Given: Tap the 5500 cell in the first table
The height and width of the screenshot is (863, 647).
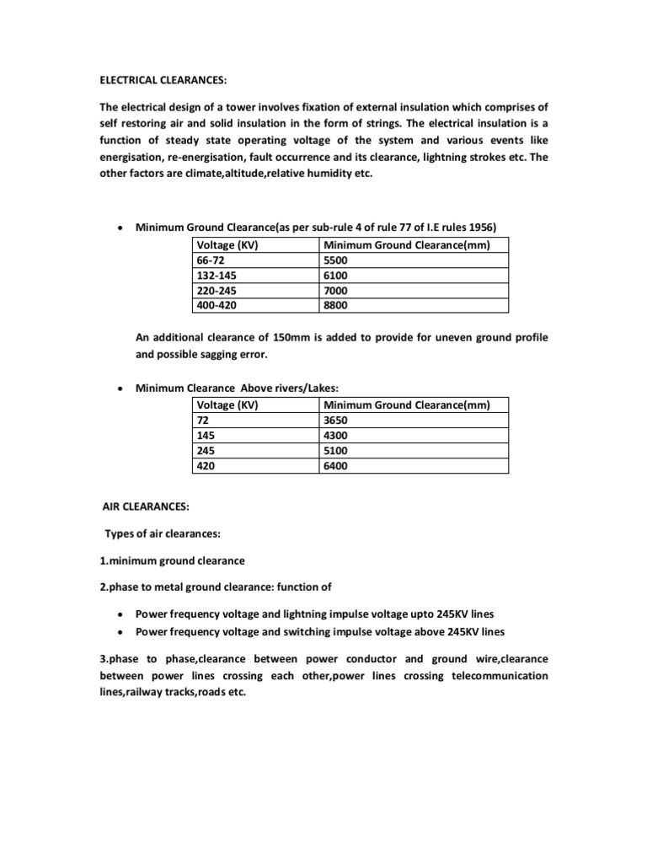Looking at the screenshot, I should point(335,260).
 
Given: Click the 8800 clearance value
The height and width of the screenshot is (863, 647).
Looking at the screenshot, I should point(335,306).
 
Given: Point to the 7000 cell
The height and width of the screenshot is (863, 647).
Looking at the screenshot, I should point(335,291).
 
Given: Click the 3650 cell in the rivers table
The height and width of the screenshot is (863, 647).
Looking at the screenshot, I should point(335,420).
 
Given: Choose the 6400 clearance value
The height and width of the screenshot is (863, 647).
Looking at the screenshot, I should point(335,465).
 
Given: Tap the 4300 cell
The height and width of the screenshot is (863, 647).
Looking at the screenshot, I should point(335,435).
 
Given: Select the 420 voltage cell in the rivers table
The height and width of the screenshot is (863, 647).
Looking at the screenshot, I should point(206,465).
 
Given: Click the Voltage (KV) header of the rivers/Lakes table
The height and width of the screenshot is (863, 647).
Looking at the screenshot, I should point(227,405).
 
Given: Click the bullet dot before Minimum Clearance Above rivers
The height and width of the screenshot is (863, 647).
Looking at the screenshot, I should point(122,389).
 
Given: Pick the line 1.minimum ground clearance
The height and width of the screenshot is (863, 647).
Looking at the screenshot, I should point(172,561).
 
